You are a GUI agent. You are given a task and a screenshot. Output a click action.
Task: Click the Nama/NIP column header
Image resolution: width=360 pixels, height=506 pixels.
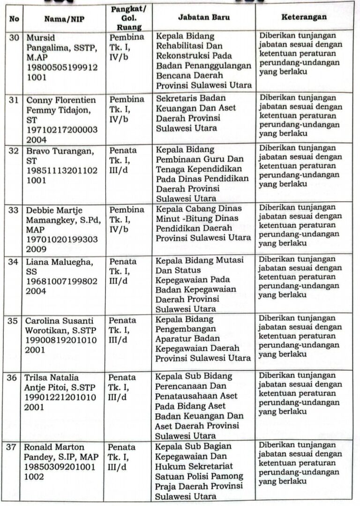[x=64, y=19]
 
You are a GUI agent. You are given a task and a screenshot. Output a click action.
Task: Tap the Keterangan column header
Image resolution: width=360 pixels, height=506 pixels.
[x=304, y=17]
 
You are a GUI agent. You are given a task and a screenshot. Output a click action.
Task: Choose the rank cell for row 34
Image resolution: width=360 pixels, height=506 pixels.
[x=123, y=272]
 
